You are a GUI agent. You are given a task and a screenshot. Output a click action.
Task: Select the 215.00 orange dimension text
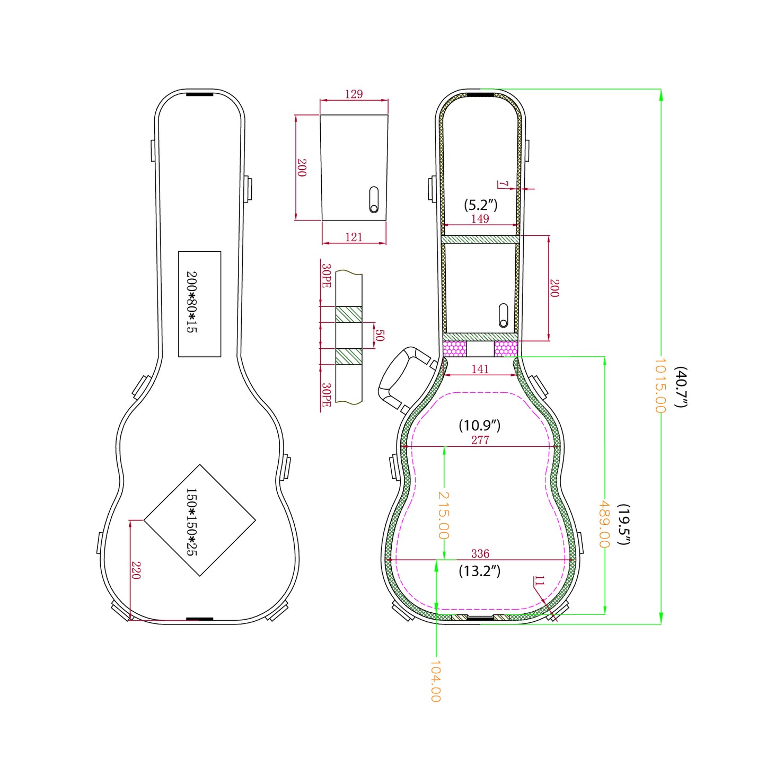tap(443, 515)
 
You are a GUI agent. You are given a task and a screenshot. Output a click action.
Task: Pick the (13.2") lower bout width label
tap(479, 571)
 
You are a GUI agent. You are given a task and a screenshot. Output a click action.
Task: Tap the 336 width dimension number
tap(480, 553)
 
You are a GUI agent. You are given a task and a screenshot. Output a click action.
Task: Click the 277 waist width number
tap(480, 440)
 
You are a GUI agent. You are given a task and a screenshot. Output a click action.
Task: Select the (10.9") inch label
tap(479, 425)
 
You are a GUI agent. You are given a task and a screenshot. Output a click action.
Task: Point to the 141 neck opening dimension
tap(480, 369)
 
